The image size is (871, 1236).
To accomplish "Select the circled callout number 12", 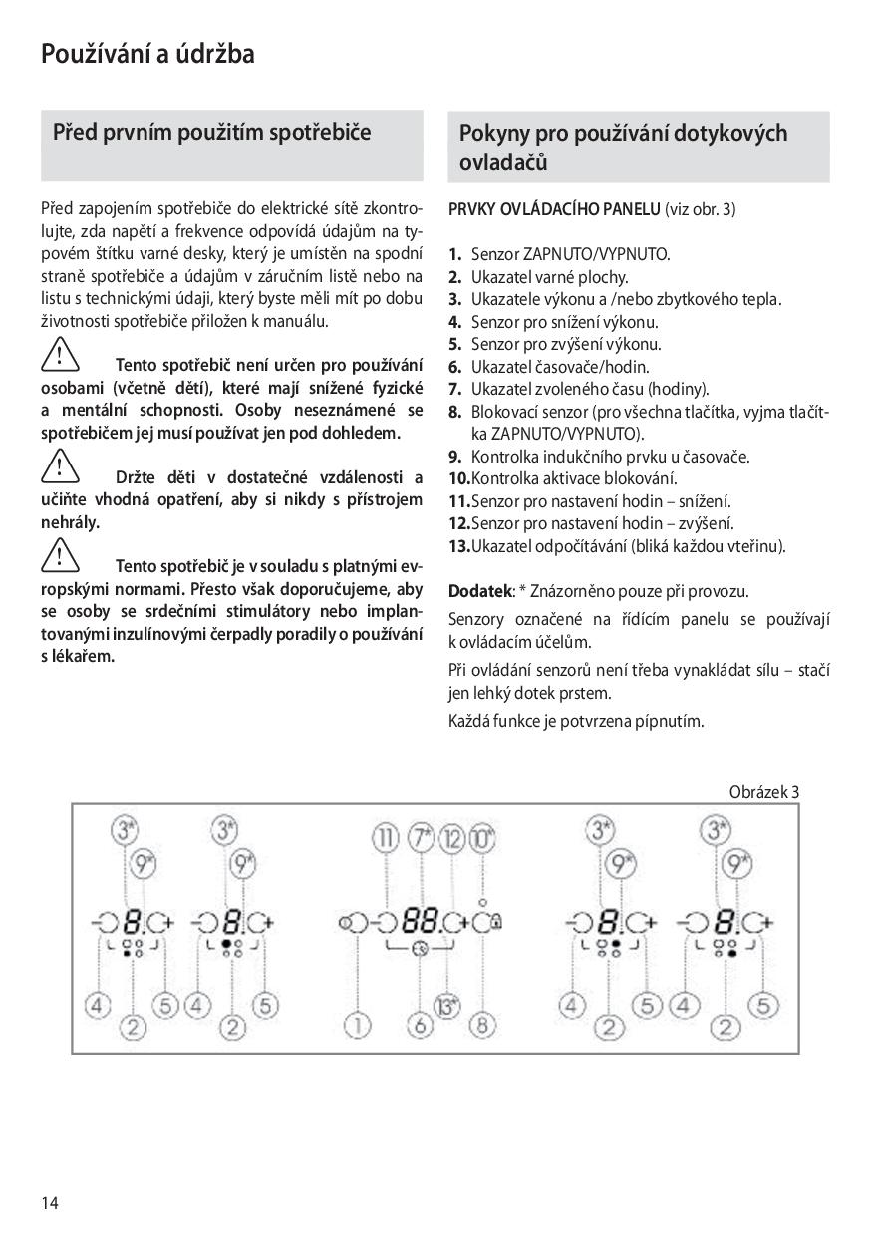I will coord(453,837).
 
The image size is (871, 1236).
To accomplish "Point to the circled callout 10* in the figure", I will coord(483,837).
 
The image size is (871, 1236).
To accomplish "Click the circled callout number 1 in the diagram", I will coord(356,1024).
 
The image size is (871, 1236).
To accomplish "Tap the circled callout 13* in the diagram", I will coord(447,1006).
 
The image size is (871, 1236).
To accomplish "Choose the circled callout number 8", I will coord(482,1024).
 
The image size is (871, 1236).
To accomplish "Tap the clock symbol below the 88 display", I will coord(420,950).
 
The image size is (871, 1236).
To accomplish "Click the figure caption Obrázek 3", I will coord(764,792).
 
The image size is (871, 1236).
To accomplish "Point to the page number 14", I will coord(50,1202).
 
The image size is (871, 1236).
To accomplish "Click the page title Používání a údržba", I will coord(147,54).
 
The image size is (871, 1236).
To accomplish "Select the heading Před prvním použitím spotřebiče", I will coord(211,132).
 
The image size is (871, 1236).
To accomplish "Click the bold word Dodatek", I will coord(479,591).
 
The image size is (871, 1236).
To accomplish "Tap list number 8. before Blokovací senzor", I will coord(455,412).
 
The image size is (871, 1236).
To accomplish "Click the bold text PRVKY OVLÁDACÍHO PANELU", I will coord(554,209).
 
